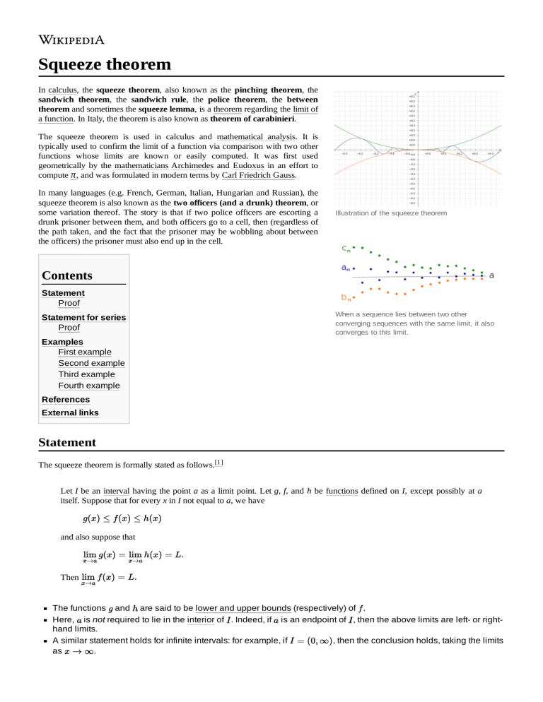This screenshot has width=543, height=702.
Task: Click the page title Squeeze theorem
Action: coord(105,65)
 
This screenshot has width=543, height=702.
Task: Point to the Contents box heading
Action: coord(67,275)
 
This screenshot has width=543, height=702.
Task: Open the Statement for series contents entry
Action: coord(83,317)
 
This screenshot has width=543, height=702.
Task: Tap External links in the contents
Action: coord(70,412)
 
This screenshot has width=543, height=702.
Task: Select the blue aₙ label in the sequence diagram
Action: coord(346,268)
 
